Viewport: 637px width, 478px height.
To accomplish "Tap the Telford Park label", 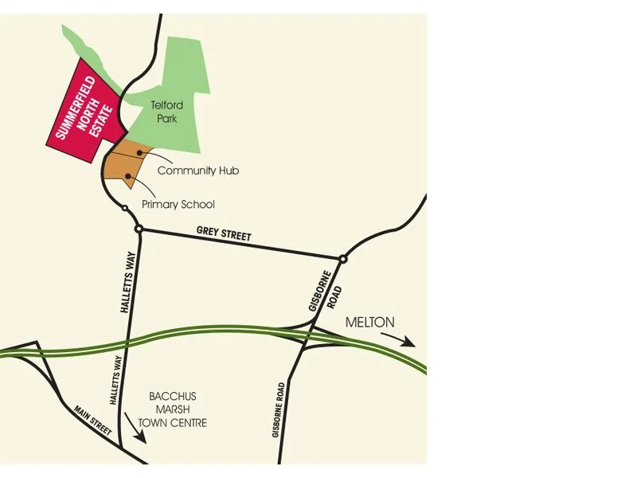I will (x=167, y=112).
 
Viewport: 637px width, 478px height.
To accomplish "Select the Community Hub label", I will (x=198, y=170).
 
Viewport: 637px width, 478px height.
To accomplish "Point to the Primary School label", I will (x=178, y=205).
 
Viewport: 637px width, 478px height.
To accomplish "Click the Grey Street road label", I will (x=224, y=234).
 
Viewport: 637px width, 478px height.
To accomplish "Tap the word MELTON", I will (x=370, y=323).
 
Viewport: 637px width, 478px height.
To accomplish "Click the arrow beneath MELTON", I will (x=397, y=340).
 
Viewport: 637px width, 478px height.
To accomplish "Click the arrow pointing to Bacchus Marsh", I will (x=135, y=428).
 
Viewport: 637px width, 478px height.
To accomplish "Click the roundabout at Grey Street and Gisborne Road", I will (x=343, y=259).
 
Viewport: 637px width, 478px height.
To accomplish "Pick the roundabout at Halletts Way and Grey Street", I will (x=139, y=229).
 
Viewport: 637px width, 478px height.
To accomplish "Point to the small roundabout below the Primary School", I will (x=125, y=208).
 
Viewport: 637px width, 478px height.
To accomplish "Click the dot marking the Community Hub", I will (x=139, y=151).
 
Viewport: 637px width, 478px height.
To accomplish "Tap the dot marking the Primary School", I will (x=127, y=175).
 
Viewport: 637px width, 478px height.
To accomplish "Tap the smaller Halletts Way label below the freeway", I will (x=113, y=382).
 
